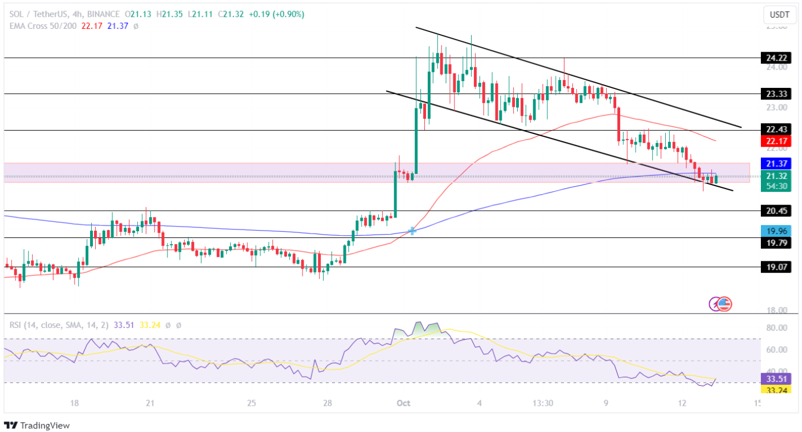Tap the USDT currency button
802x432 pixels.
780,14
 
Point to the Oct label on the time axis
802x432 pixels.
404,403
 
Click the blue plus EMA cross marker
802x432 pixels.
412,231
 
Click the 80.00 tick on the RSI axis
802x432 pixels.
776,328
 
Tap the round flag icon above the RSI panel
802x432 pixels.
724,304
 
